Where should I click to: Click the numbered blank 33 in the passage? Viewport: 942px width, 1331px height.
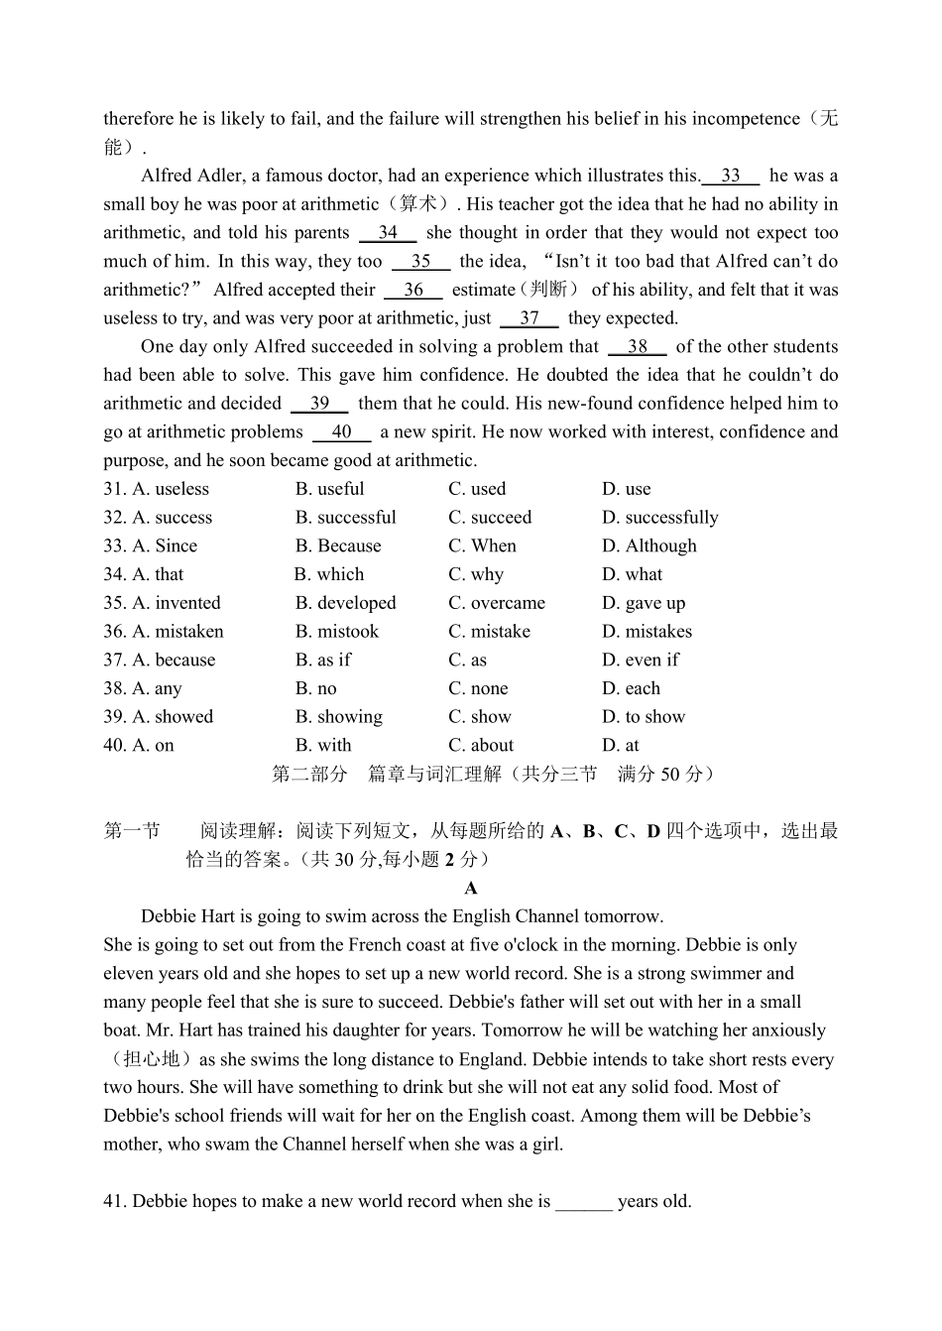(731, 177)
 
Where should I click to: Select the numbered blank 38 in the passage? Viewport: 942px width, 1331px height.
(638, 347)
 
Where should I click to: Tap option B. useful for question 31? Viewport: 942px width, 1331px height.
(329, 489)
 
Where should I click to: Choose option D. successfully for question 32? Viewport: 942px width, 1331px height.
(659, 518)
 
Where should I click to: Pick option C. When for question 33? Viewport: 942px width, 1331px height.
(482, 546)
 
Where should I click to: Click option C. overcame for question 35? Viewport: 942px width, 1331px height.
(496, 603)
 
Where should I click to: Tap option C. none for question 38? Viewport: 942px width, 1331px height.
(478, 689)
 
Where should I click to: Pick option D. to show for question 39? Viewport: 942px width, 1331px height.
(643, 717)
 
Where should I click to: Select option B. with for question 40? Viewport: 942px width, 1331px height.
(323, 746)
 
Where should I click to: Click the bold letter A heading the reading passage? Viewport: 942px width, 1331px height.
(471, 889)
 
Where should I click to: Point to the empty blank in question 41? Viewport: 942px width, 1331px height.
(584, 1202)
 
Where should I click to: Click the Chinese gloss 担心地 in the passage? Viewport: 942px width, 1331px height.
(151, 1059)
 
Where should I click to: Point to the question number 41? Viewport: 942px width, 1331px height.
(115, 1202)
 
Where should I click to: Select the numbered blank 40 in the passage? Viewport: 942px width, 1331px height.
(342, 432)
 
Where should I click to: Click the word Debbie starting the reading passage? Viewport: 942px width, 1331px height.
(170, 916)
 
